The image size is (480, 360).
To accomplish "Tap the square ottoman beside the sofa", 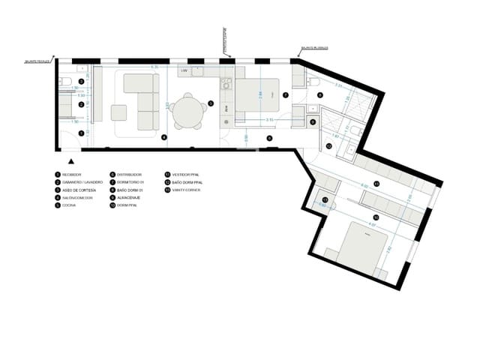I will pos(118,113).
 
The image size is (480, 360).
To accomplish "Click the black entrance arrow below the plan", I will pos(71,160).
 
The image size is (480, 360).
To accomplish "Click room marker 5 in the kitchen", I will pos(211,103).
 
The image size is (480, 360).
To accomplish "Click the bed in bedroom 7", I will pos(257,97).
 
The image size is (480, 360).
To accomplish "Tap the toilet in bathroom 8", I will pos(314,81).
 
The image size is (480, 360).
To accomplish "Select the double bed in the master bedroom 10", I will pos(358,247).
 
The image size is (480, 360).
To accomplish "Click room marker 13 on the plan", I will pos(325,199).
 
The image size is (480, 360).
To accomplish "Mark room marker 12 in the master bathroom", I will pos(328,147).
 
